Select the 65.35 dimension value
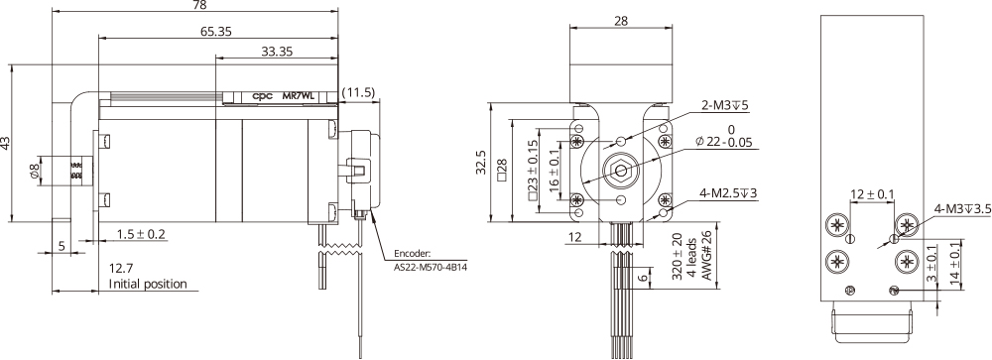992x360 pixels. (217, 32)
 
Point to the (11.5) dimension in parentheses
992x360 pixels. (357, 92)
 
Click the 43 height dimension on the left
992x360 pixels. (8, 143)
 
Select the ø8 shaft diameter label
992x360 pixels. (35, 170)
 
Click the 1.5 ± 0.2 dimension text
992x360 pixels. (140, 234)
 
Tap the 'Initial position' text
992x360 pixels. (148, 284)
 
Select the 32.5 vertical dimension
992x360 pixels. (481, 161)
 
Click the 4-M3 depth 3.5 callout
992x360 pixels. (959, 209)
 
